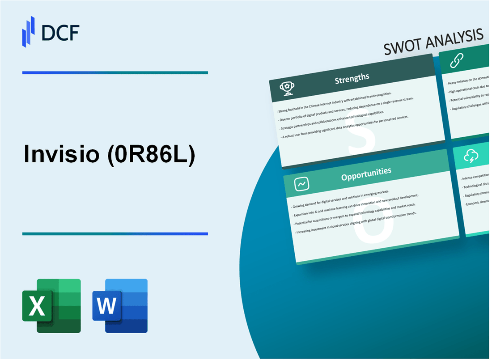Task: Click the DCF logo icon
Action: (29, 31)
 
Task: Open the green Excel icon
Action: (51, 305)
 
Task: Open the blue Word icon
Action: (120, 305)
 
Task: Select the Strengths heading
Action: (352, 78)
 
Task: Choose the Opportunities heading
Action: (366, 171)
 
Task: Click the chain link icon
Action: (457, 59)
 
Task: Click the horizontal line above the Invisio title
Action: (115, 72)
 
